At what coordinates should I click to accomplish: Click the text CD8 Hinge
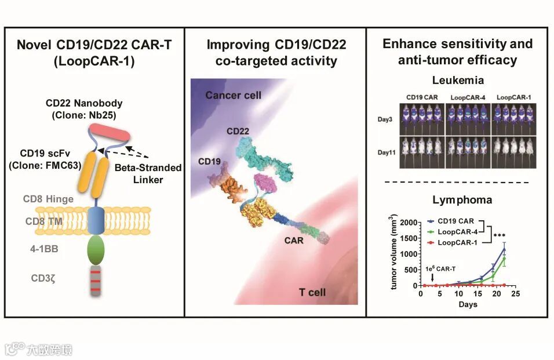pos(49,199)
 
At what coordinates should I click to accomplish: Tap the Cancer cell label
pos(233,95)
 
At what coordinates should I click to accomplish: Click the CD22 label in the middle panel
pos(238,131)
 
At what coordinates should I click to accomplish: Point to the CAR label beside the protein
pos(294,239)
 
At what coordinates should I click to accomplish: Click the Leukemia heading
pos(457,81)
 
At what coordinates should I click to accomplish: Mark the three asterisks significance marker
pos(499,236)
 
